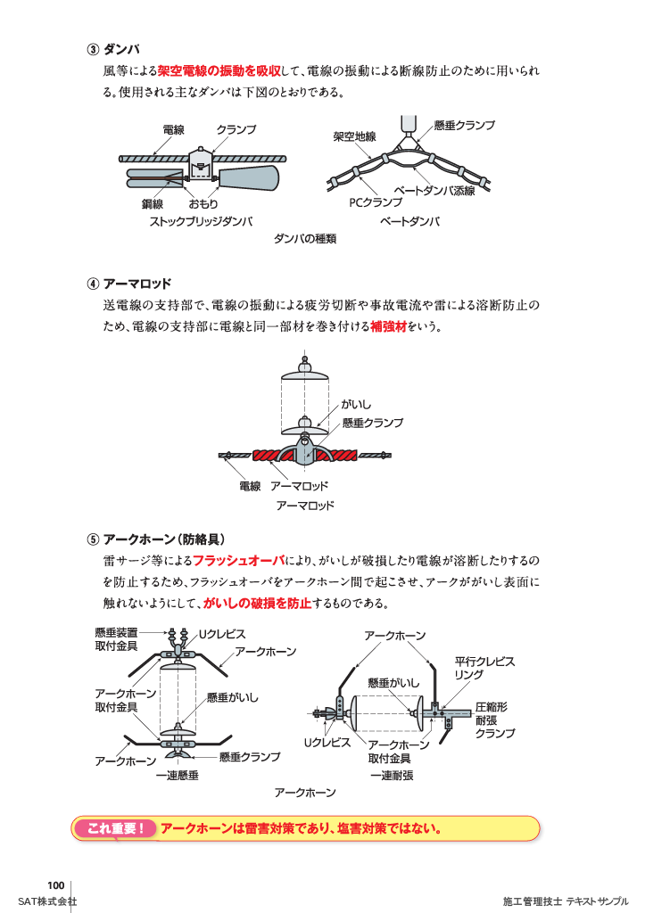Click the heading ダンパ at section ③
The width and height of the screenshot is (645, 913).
(121, 49)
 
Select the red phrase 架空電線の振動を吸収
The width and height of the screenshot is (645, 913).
(219, 71)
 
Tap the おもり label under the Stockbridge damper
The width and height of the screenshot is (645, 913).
(203, 204)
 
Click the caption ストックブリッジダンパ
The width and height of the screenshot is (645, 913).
(201, 222)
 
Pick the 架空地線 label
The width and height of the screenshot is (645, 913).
(354, 136)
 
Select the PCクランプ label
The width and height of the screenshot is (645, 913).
(376, 204)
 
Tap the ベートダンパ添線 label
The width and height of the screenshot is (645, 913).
(434, 191)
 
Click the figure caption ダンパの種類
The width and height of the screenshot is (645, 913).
(305, 239)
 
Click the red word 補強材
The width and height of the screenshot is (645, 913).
(388, 327)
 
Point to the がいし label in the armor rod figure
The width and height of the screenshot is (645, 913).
(356, 405)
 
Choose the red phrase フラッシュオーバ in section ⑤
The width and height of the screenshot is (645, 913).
(238, 561)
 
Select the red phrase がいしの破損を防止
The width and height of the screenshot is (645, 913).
(257, 604)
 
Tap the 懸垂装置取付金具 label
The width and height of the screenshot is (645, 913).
(116, 638)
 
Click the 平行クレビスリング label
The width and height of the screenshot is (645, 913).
(484, 669)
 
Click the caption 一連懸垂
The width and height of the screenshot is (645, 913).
(177, 776)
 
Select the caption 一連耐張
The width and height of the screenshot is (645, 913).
(392, 776)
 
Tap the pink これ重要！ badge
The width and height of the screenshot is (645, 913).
(117, 828)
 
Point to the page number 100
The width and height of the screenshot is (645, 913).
(56, 884)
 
